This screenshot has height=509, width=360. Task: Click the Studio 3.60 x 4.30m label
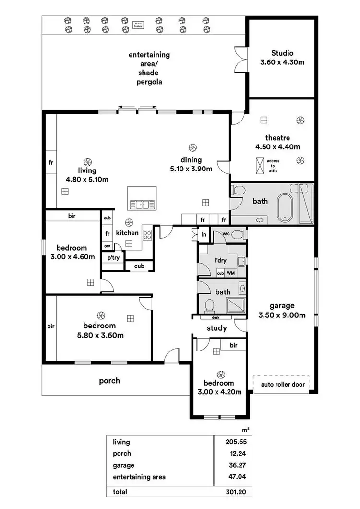click(x=282, y=58)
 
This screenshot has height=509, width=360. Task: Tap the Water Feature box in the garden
click(x=139, y=24)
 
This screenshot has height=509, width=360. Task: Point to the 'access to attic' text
click(x=273, y=166)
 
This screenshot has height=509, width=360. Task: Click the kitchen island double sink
click(x=142, y=205)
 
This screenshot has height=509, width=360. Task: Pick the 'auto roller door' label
click(x=282, y=384)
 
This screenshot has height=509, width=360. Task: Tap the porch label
click(x=109, y=381)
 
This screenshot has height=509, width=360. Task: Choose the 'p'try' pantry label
click(x=113, y=258)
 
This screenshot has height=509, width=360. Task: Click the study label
click(x=216, y=328)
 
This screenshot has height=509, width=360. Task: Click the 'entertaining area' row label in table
click(x=139, y=477)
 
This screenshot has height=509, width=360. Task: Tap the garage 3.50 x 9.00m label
click(x=282, y=310)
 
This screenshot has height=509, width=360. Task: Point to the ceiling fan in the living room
click(x=88, y=162)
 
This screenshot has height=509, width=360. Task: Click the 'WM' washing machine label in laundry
click(x=231, y=273)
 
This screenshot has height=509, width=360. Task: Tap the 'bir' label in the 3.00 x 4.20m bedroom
click(x=234, y=345)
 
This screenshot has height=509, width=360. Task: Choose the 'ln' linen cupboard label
click(x=204, y=234)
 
